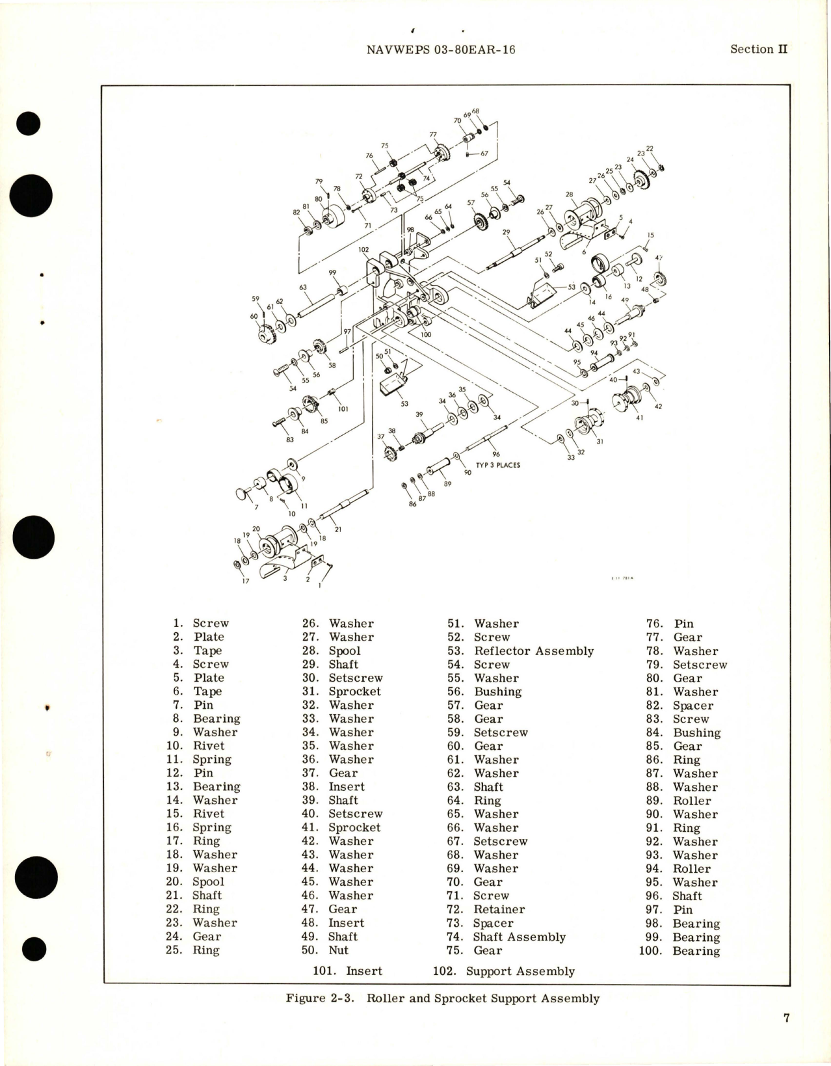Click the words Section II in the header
759,49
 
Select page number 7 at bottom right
785,1018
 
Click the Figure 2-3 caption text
442,998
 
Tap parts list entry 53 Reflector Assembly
520,651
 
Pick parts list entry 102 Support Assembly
504,971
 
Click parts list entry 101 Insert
347,971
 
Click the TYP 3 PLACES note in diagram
497,465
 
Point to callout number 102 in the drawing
363,250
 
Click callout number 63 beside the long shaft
302,287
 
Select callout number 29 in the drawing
506,232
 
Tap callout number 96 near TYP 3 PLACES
496,455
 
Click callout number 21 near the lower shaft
338,529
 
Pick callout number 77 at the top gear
433,135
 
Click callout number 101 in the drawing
343,409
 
